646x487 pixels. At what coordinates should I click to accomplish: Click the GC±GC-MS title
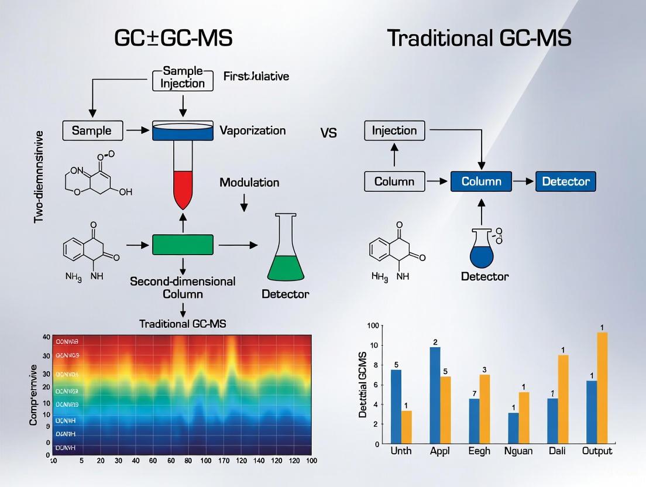173,38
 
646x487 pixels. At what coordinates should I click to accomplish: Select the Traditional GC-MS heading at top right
479,38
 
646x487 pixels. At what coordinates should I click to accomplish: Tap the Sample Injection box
183,77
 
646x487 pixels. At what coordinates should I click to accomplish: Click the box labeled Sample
91,130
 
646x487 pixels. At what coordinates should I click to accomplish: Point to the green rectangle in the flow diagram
183,244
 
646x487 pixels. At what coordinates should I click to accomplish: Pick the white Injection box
394,131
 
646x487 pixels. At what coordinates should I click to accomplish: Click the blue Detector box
566,181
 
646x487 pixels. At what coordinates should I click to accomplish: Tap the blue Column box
481,181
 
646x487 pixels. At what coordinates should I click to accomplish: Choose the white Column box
394,181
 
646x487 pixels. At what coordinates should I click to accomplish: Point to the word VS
329,133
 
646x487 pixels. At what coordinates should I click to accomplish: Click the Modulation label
249,183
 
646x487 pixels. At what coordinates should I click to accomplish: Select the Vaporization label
253,130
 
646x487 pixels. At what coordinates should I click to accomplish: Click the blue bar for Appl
435,395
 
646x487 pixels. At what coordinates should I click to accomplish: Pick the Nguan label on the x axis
518,451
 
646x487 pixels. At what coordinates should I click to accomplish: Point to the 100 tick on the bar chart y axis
372,326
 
